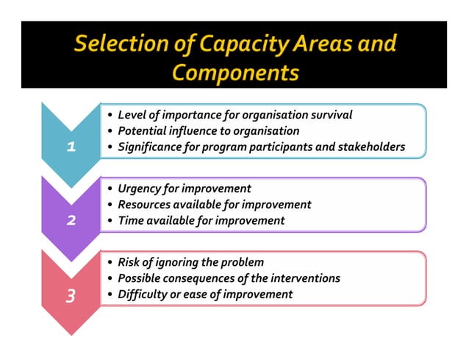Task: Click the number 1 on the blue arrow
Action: tap(71, 147)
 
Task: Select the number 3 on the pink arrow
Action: tap(71, 296)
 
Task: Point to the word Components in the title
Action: tap(234, 73)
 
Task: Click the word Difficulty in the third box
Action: tap(143, 295)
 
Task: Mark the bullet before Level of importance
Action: tap(110, 116)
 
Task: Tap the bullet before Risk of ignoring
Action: tap(110, 263)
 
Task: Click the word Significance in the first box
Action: tap(152, 147)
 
